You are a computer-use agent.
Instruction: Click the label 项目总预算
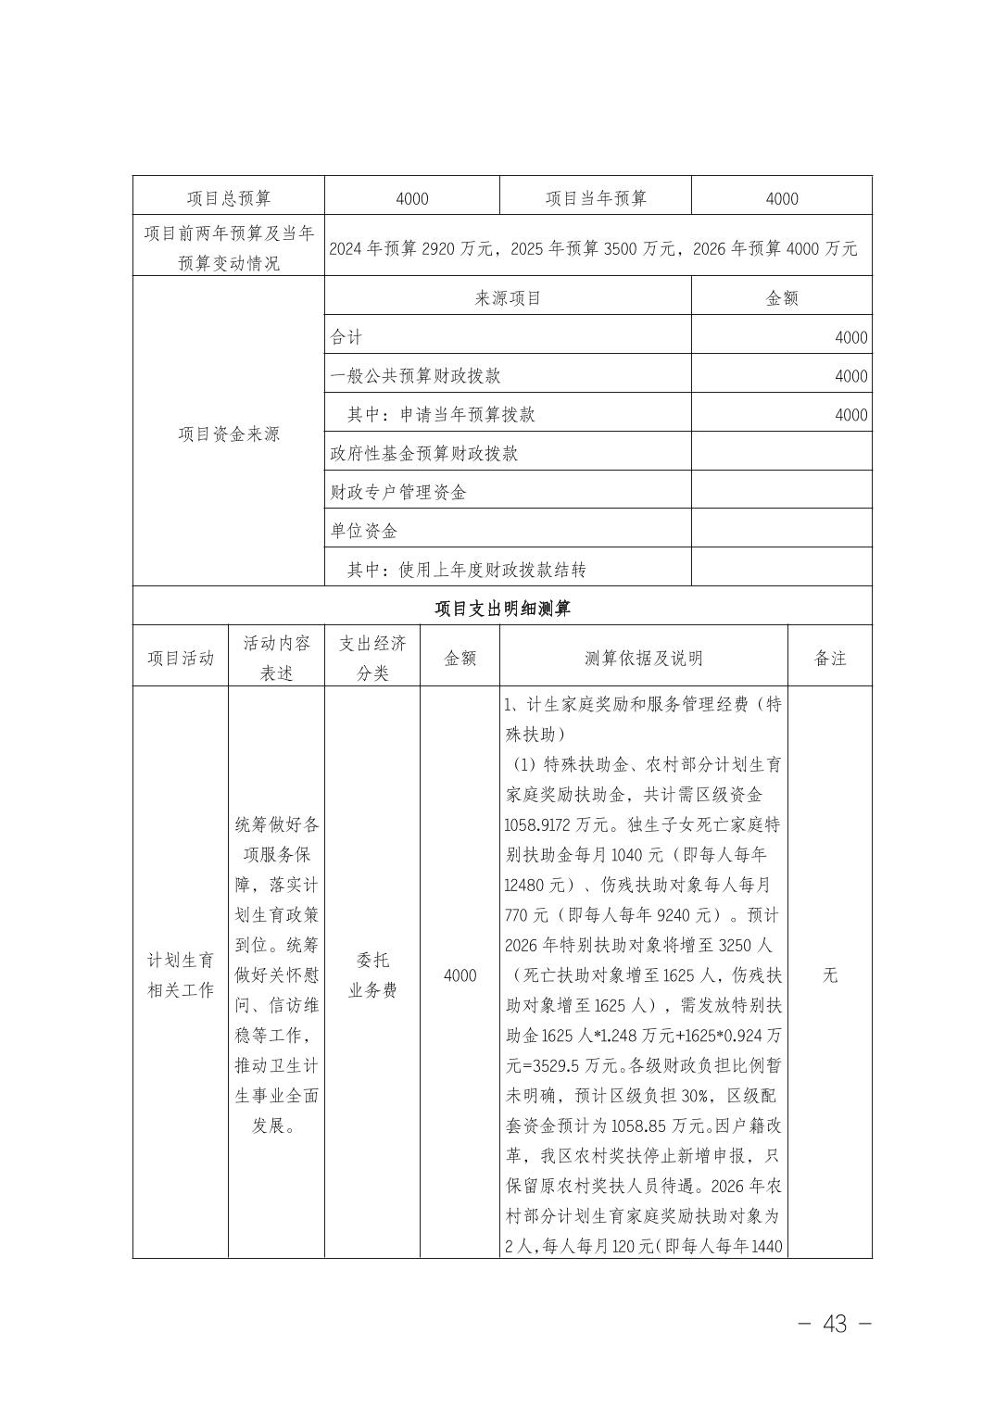click(x=228, y=198)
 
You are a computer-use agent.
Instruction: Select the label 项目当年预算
click(x=596, y=198)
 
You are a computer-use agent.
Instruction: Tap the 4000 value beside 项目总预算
click(x=411, y=198)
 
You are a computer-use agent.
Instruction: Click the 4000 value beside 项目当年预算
click(x=782, y=198)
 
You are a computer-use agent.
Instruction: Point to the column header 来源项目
click(x=508, y=298)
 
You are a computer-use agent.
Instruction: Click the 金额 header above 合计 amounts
click(x=782, y=298)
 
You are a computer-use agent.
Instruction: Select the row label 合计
click(x=346, y=337)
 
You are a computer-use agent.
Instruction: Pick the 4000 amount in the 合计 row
click(x=850, y=337)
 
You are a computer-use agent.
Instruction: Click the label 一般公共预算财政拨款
click(x=416, y=376)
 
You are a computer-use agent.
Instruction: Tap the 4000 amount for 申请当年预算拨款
click(x=850, y=415)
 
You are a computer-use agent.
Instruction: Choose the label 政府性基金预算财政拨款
click(x=424, y=454)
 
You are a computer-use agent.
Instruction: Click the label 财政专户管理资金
click(x=398, y=493)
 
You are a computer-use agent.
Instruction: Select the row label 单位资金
click(x=364, y=532)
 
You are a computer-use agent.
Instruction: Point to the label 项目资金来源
click(x=228, y=434)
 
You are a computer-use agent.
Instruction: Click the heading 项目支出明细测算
click(x=502, y=609)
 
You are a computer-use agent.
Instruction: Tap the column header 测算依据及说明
click(x=643, y=659)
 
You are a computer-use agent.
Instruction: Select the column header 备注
click(x=829, y=659)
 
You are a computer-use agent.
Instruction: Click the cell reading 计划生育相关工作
click(x=181, y=975)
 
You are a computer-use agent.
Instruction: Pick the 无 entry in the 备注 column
click(x=829, y=975)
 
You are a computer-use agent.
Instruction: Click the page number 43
click(x=834, y=1325)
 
